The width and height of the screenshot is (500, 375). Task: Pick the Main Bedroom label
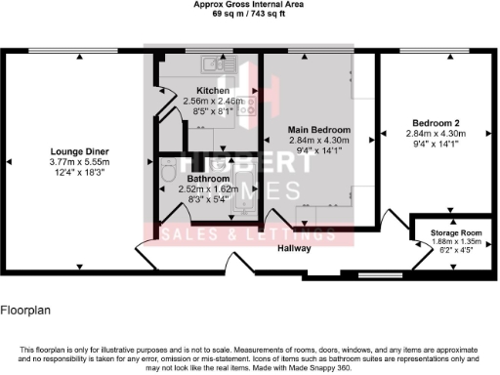click(317, 129)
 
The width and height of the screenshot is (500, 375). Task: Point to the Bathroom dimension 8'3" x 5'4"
click(209, 199)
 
